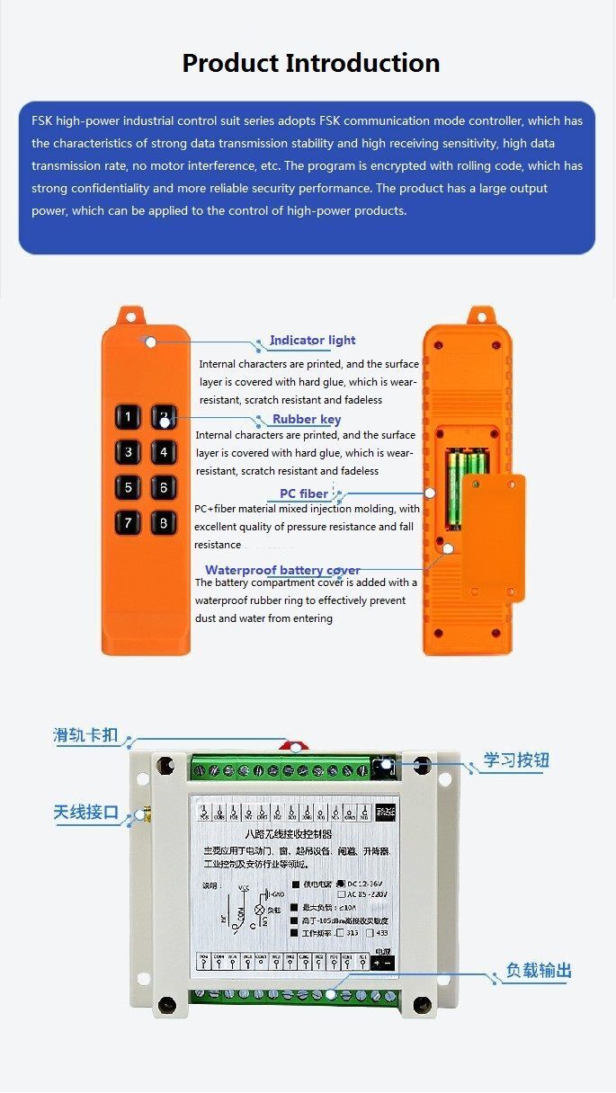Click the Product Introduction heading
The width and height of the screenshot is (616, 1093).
coord(310,64)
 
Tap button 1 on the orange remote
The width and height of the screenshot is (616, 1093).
coord(129,416)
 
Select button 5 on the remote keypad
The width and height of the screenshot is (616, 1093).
coord(129,488)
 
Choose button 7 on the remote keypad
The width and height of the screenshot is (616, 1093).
coord(129,523)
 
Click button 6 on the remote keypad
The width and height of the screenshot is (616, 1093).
coord(163,488)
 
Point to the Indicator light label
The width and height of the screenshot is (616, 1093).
coord(312,341)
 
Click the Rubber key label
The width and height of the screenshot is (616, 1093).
coord(307,420)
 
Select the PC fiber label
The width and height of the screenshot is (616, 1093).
coord(304,493)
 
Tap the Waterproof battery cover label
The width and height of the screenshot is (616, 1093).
coord(282,570)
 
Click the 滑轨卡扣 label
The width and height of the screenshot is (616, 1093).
coord(86,736)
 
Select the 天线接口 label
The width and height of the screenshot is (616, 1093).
coord(86,813)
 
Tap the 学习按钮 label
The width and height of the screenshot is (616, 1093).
coord(516,760)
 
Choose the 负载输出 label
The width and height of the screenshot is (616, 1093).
coord(539,971)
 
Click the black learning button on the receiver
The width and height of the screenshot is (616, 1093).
coord(387,767)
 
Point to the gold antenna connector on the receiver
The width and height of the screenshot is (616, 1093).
coord(140,817)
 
